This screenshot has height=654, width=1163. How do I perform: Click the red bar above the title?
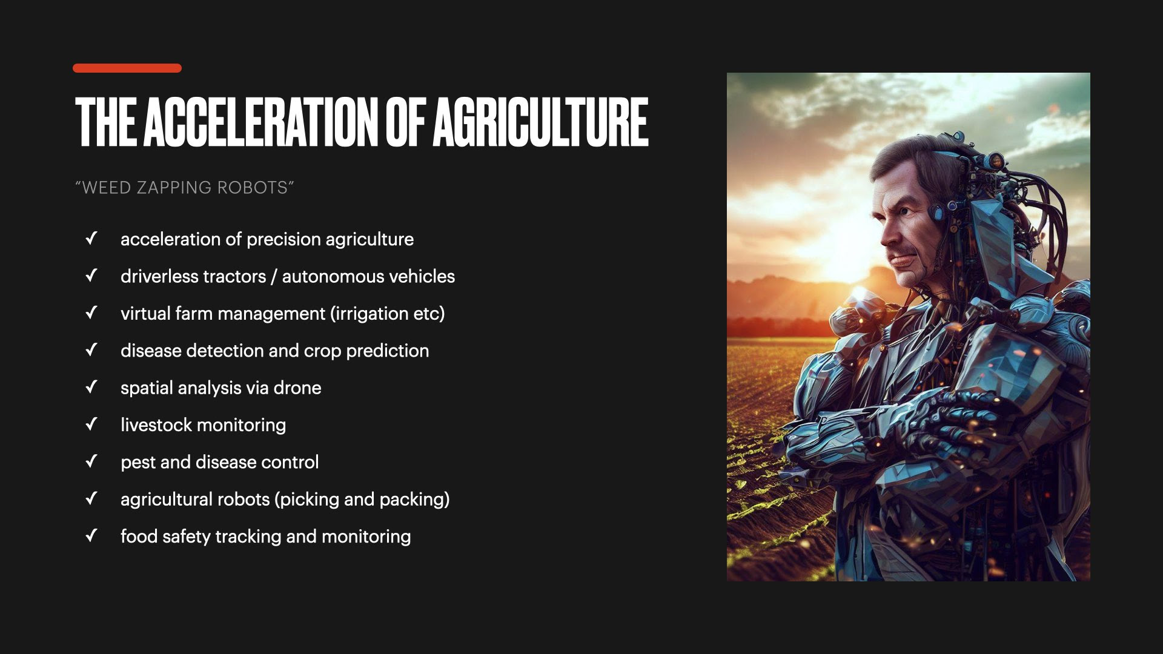pyautogui.click(x=127, y=68)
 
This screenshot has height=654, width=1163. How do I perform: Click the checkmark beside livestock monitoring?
pyautogui.click(x=91, y=424)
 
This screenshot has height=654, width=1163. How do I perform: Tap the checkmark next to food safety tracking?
pyautogui.click(x=91, y=535)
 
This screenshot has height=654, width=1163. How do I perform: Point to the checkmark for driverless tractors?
pyautogui.click(x=91, y=276)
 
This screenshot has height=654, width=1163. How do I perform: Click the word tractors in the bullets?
pyautogui.click(x=234, y=277)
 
